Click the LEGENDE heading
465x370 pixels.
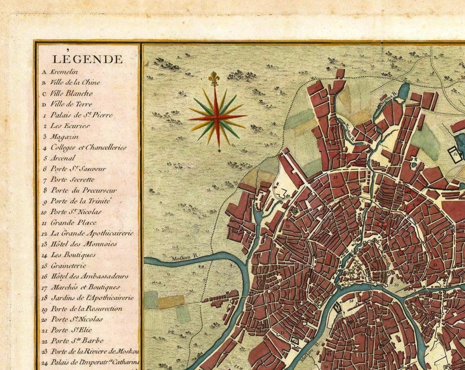87,59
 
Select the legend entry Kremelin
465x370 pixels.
63,72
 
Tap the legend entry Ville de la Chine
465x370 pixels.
75,82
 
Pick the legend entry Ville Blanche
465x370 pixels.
71,93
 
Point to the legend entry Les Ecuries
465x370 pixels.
70,126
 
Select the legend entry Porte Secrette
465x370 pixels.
72,180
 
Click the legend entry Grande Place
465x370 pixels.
73,223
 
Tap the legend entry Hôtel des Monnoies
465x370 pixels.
83,244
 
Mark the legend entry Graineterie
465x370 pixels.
68,266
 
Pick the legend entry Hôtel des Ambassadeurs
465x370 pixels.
89,276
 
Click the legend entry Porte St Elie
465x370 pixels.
71,330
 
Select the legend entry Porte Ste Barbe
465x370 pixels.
77,341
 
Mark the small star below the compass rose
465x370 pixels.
220,151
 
